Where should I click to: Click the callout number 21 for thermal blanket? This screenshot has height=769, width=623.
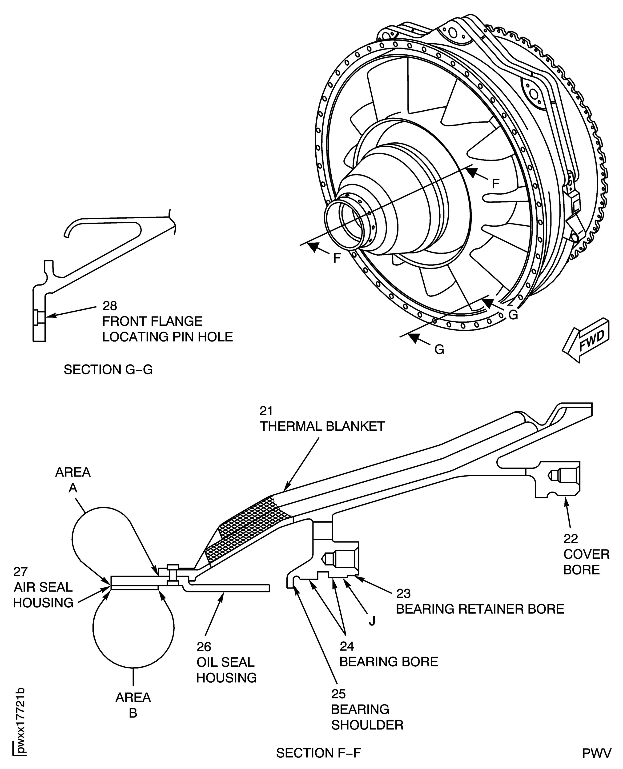click(266, 411)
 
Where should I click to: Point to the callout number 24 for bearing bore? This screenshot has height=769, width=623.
click(347, 646)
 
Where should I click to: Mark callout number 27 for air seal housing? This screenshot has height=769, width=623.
click(20, 572)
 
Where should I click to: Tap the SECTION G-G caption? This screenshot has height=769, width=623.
click(108, 370)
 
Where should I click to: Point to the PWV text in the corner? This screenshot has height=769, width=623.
click(596, 753)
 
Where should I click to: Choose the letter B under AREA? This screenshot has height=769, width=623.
click(133, 713)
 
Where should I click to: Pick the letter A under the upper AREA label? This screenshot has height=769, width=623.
click(73, 488)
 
